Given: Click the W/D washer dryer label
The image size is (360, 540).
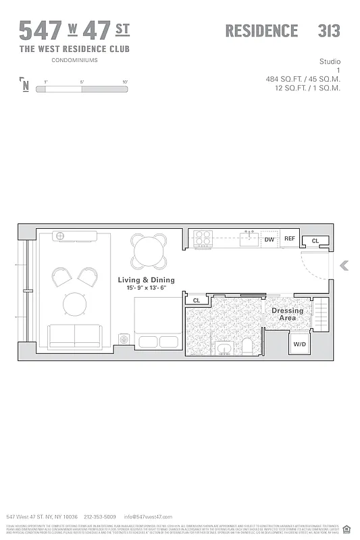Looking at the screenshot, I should [x=298, y=344].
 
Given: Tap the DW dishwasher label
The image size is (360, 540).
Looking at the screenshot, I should [x=269, y=239].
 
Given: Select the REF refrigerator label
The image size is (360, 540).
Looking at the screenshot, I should [x=289, y=239].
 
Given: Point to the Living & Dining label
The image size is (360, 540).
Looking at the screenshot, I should [x=146, y=279].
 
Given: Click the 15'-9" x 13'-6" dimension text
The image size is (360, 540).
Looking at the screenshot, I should [x=146, y=288].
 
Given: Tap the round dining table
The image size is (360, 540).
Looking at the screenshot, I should [x=149, y=251].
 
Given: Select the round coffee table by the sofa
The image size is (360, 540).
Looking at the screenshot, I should [x=75, y=304].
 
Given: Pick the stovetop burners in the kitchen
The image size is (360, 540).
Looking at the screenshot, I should [x=203, y=238].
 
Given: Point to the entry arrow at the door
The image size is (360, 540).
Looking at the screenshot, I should [x=344, y=265].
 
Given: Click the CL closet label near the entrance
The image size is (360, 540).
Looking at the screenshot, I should [x=315, y=240].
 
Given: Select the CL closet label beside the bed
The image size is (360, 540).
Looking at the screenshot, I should [x=197, y=300].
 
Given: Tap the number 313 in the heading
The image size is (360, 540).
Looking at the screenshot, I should [x=328, y=31].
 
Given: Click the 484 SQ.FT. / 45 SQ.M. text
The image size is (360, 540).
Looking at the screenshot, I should [x=303, y=79].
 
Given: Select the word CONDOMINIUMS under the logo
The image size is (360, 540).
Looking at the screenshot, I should [x=74, y=60].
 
